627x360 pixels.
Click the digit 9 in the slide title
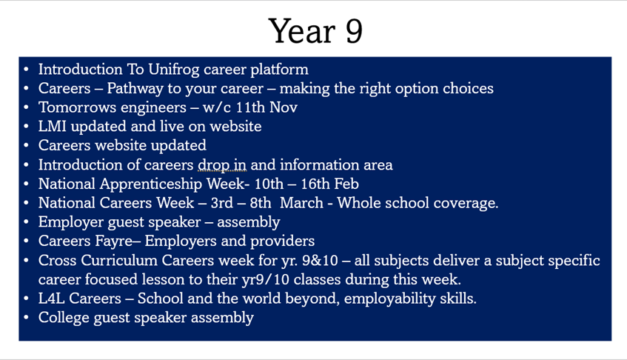(x=354, y=32)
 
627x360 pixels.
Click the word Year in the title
(x=302, y=31)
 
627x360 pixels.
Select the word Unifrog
(x=173, y=70)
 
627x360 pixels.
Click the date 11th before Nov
(x=250, y=107)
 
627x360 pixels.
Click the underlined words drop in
(x=222, y=164)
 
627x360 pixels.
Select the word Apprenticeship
(x=151, y=184)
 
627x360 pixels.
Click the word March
(x=301, y=203)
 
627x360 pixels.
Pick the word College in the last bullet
(x=64, y=318)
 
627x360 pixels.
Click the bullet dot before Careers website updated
(x=27, y=146)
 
